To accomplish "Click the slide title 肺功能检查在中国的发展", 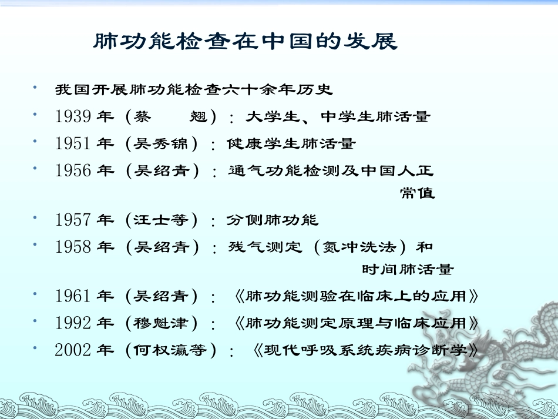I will [x=246, y=42].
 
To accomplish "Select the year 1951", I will [x=73, y=143].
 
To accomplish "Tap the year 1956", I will [x=73, y=170].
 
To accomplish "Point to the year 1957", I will [x=73, y=220].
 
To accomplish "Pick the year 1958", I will [x=73, y=247].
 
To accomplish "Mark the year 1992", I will [x=73, y=323].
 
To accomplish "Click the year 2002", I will [x=73, y=350].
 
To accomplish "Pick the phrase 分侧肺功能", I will [x=273, y=220].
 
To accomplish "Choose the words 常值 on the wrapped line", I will [x=418, y=193].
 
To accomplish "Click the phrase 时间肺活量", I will [x=408, y=270].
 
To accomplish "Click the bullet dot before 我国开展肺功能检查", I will [x=36, y=88].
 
